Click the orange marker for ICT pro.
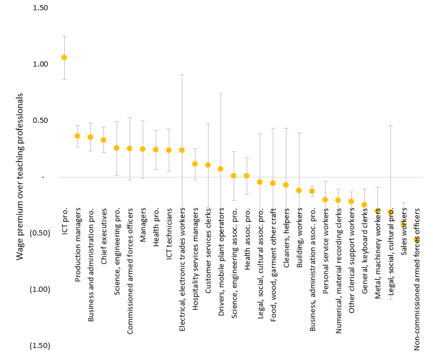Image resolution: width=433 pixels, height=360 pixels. [x=64, y=57]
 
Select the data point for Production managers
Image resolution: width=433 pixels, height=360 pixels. [x=77, y=136]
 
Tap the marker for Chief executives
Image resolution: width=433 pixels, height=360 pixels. [x=103, y=140]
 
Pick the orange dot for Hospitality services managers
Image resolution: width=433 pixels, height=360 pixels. [x=194, y=164]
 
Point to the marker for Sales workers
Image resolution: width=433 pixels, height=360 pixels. [x=403, y=225]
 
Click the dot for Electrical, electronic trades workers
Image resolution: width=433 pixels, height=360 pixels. [x=182, y=150]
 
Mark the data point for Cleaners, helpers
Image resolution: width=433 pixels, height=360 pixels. [x=286, y=185]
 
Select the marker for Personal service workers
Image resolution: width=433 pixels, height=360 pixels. [x=325, y=200]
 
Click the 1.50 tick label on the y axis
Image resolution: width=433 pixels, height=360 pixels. [x=40, y=8]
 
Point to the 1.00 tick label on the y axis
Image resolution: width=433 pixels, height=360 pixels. [x=40, y=64]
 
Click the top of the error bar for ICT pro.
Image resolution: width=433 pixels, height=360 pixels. [x=64, y=36]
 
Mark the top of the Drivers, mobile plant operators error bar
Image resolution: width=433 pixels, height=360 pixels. [x=220, y=93]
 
